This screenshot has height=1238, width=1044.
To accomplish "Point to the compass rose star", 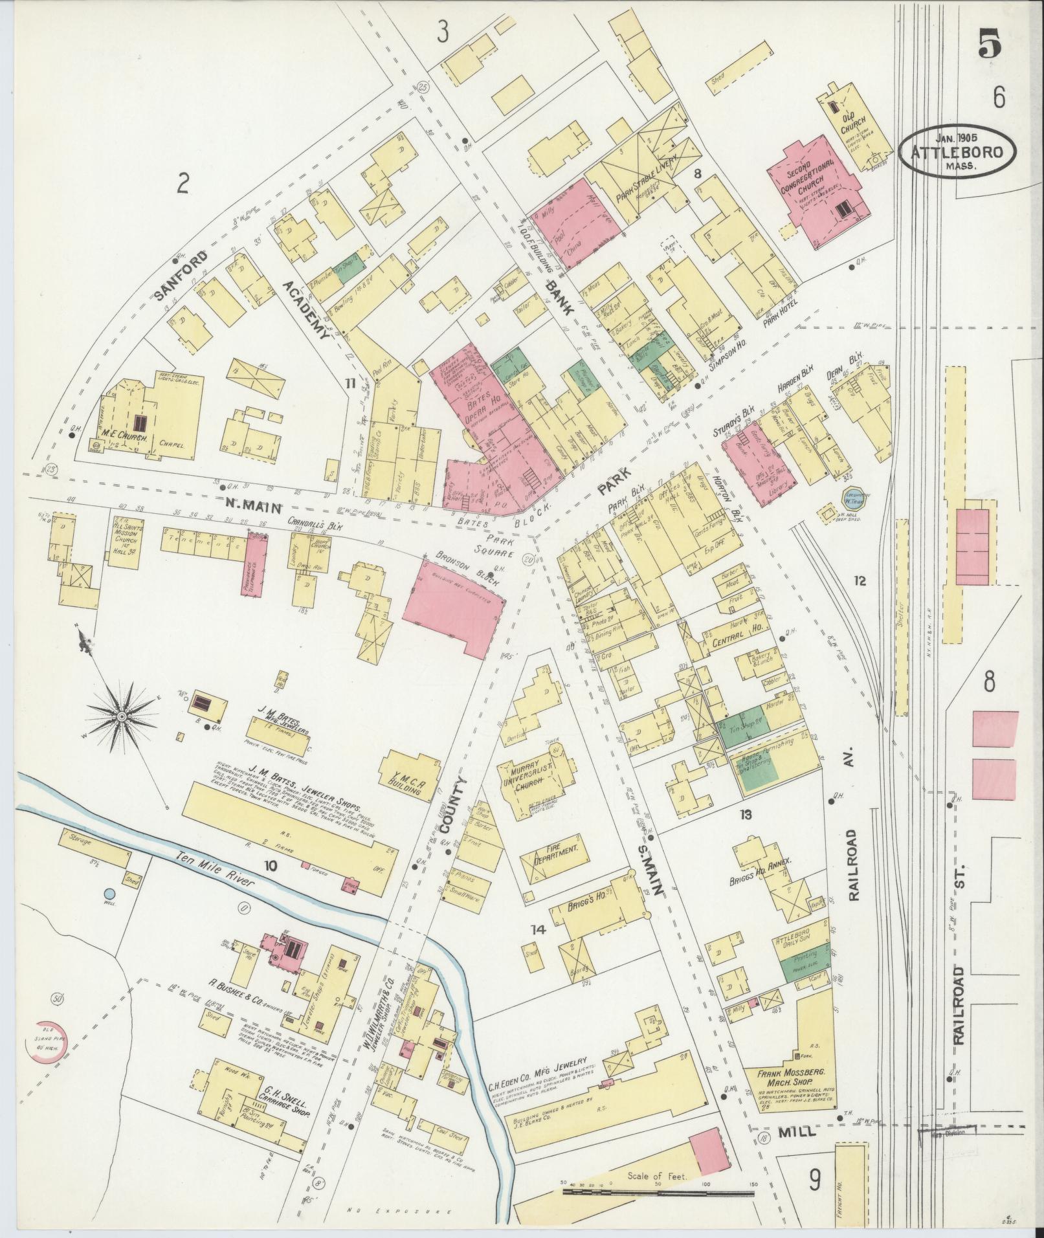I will [x=121, y=717].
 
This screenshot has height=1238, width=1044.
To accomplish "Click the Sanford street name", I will [x=182, y=275].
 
